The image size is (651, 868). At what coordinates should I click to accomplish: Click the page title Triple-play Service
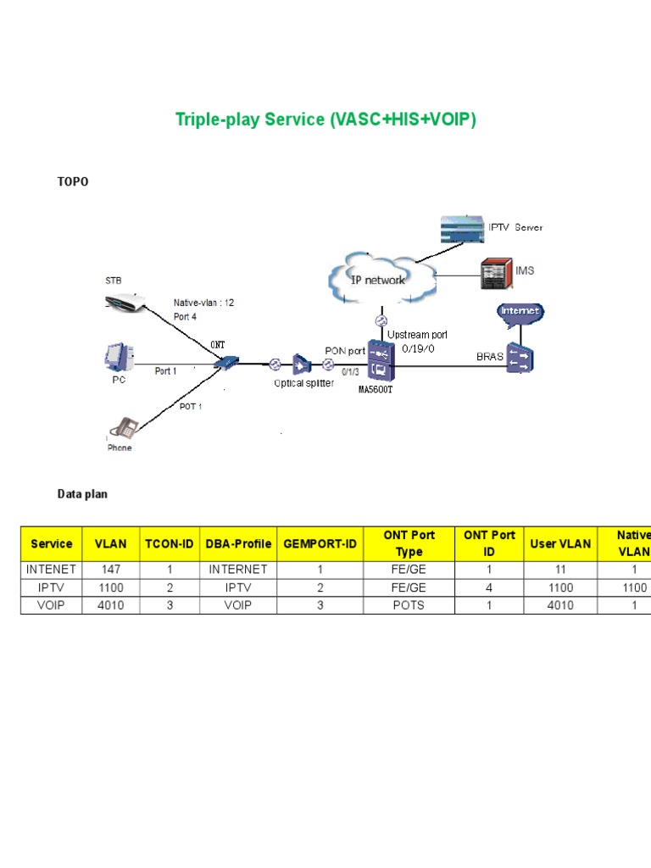325,120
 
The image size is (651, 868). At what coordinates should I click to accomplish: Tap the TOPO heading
73,182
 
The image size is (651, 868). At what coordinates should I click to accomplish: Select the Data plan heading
82,493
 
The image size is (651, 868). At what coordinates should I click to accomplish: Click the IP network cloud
379,279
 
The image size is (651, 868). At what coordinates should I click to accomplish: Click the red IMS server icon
496,271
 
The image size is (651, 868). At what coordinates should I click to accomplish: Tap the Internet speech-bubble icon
520,312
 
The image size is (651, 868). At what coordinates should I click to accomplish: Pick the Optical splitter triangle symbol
302,364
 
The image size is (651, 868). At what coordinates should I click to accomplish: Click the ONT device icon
225,364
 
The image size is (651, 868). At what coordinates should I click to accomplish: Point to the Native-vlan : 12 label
203,303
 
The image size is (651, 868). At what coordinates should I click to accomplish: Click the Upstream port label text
415,334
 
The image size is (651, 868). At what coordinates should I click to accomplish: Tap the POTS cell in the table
409,605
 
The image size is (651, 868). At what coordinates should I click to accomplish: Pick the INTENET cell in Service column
51,570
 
